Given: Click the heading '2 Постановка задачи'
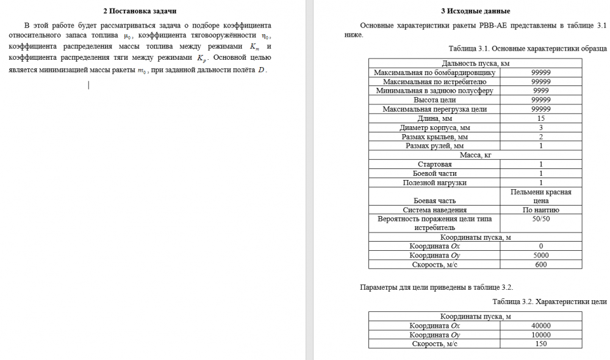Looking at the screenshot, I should (x=141, y=11).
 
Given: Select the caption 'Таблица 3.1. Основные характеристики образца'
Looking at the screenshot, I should (x=528, y=48).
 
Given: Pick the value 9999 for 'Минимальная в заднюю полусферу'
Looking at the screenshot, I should (x=541, y=90).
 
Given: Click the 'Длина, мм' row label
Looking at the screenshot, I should (x=434, y=118).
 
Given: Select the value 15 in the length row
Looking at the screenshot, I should (x=541, y=118).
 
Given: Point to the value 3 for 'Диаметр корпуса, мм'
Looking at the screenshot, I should (x=541, y=128).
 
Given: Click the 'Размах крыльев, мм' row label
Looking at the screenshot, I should (x=434, y=137).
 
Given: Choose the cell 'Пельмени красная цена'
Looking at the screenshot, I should (x=541, y=196).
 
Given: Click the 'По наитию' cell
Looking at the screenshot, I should (x=541, y=210).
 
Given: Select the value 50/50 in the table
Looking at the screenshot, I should (x=541, y=218).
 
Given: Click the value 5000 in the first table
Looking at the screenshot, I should (x=541, y=255).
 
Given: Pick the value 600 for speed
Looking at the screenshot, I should (x=541, y=264).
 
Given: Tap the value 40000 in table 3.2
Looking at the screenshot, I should (x=541, y=325).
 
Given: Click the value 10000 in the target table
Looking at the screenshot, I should (x=541, y=334).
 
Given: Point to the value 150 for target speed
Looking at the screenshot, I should (x=541, y=344).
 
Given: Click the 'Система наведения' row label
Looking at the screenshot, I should (x=434, y=210).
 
